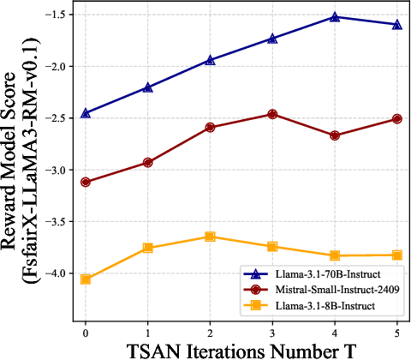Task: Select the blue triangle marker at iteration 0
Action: pyautogui.click(x=86, y=113)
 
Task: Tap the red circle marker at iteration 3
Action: pyautogui.click(x=272, y=113)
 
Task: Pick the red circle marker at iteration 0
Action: pyautogui.click(x=86, y=182)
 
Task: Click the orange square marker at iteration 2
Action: pyautogui.click(x=210, y=237)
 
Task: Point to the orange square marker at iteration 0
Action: pyautogui.click(x=86, y=279)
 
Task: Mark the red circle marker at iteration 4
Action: pyautogui.click(x=335, y=135)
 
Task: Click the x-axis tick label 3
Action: pyautogui.click(x=272, y=331)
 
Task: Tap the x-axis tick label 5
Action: pyautogui.click(x=396, y=331)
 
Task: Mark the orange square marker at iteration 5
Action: pyautogui.click(x=396, y=255)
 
